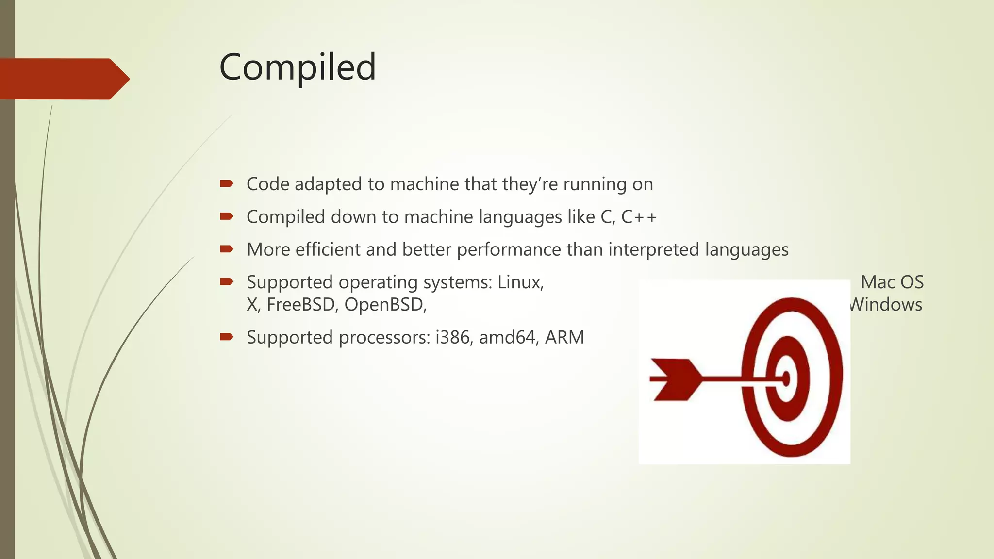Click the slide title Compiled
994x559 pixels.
(298, 67)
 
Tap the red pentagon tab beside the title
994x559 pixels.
(63, 79)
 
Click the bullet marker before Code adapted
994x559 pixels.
(226, 183)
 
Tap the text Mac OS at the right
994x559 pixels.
(892, 282)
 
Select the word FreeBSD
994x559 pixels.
(301, 305)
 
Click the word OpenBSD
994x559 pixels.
(385, 305)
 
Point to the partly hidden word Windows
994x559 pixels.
(887, 305)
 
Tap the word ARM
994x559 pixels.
(564, 337)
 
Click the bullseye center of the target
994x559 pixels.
(786, 378)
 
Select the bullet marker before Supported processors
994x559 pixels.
(226, 337)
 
